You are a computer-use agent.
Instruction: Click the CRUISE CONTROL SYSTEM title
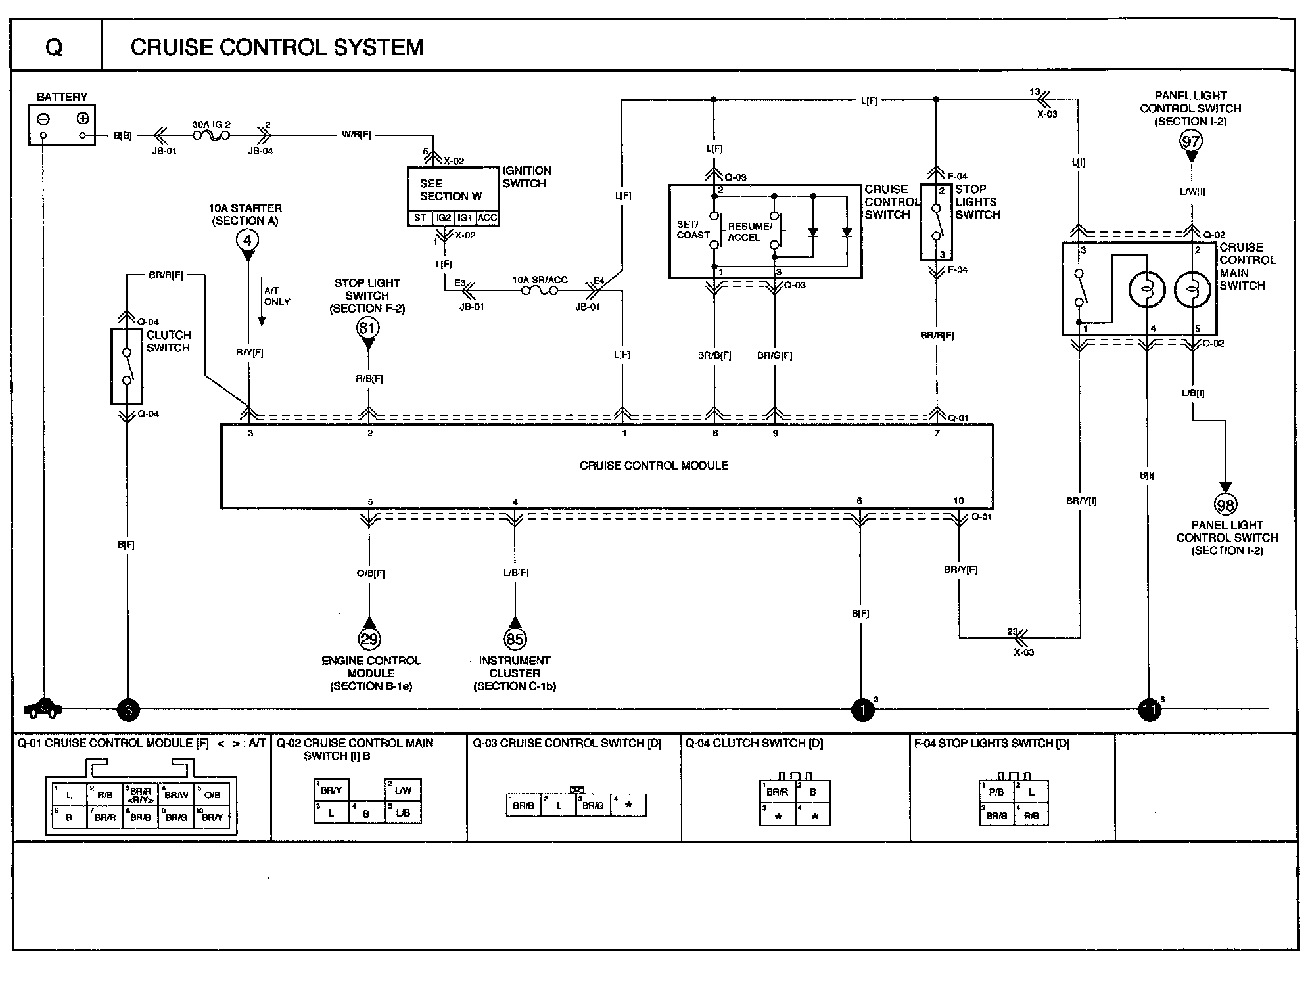tap(277, 47)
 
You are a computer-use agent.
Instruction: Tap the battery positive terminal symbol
tap(83, 119)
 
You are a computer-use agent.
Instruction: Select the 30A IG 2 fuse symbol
tap(211, 135)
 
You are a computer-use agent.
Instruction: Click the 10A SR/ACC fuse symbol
tap(540, 290)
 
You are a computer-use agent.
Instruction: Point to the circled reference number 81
tap(368, 327)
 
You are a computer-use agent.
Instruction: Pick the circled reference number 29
tap(369, 639)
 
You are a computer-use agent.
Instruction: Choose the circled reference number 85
tap(515, 639)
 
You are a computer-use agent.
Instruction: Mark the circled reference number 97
tap(1191, 140)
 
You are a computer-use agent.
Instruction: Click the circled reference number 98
tap(1225, 505)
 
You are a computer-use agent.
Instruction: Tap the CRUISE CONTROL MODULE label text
tap(653, 466)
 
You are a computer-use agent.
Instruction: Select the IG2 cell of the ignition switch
tap(444, 218)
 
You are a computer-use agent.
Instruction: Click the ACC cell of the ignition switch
tap(487, 218)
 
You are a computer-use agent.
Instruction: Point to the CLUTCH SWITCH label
tap(168, 342)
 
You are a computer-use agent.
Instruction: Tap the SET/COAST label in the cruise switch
tap(693, 230)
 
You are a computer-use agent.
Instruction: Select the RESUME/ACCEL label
tap(749, 232)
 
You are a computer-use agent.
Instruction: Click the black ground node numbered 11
tap(1150, 710)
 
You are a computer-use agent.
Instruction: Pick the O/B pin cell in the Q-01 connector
tap(212, 794)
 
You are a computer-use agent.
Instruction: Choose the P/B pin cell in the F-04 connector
tap(996, 792)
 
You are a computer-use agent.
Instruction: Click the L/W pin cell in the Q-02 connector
tap(402, 790)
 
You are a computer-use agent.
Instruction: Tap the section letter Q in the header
tap(55, 47)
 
